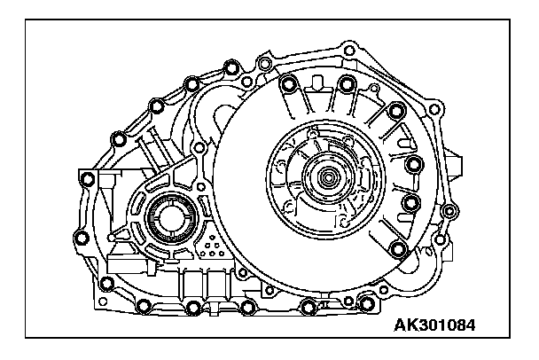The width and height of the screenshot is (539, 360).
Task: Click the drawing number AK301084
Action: click(434, 325)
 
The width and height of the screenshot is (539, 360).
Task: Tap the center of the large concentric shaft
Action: click(327, 177)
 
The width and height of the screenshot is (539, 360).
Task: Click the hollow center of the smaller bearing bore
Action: click(171, 218)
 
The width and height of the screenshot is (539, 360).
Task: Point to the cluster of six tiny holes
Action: click(212, 247)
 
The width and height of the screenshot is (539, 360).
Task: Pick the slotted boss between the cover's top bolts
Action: click(316, 83)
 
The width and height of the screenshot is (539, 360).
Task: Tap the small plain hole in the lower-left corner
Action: click(103, 301)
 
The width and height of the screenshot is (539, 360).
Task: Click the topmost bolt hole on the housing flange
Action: click(349, 51)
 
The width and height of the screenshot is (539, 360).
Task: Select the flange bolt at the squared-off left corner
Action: click(87, 177)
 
